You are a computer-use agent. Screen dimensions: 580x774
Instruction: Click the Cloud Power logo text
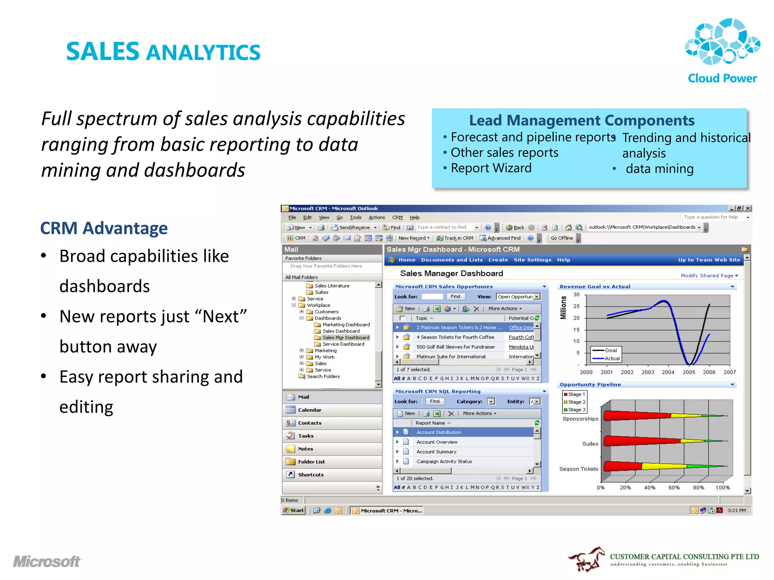(722, 78)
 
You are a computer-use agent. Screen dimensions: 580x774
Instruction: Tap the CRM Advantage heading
(104, 228)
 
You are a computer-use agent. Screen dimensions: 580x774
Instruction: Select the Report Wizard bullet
(491, 168)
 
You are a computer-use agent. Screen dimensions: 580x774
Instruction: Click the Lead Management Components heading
(582, 120)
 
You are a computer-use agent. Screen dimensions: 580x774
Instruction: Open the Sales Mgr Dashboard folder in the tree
(345, 338)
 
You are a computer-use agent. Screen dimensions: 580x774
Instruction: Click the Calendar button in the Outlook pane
(310, 410)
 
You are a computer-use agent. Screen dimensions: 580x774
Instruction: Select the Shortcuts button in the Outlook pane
(311, 475)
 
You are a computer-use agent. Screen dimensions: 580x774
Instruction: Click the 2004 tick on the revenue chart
(668, 372)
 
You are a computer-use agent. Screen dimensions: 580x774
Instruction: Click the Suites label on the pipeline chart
(590, 444)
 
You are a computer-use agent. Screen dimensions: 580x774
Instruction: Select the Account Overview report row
(437, 442)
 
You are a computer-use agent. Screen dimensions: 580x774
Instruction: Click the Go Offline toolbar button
(562, 238)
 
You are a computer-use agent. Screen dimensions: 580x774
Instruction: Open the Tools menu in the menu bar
(356, 217)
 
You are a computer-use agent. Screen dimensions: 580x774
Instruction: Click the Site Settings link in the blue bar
(532, 260)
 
